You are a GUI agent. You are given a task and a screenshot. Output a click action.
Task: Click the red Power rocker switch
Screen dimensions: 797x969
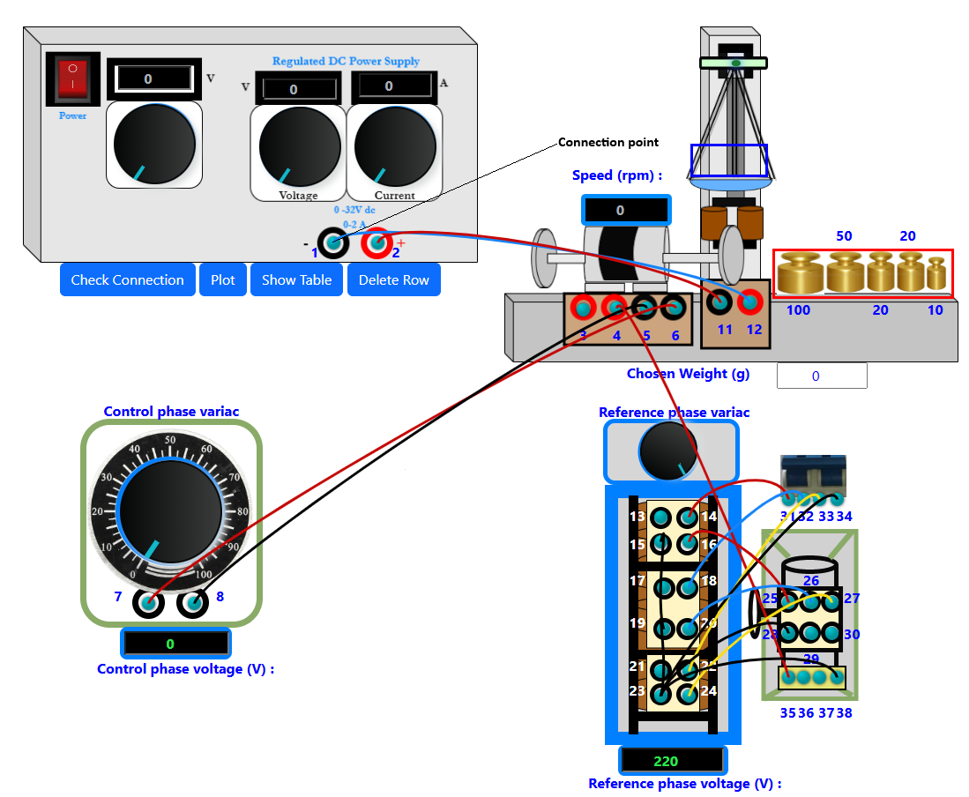pyautogui.click(x=72, y=78)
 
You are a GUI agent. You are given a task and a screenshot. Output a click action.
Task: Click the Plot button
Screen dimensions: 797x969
pyautogui.click(x=223, y=279)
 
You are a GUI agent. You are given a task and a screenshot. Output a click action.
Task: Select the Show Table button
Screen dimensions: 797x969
pyautogui.click(x=296, y=279)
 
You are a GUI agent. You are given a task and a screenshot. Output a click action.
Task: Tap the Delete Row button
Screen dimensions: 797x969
pyautogui.click(x=393, y=279)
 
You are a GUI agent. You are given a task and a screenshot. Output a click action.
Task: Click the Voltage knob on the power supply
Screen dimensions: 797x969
pyautogui.click(x=300, y=147)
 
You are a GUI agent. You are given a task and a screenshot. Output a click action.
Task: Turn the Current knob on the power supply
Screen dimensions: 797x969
pyautogui.click(x=394, y=147)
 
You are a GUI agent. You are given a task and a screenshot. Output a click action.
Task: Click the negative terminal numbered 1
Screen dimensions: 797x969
pyautogui.click(x=332, y=242)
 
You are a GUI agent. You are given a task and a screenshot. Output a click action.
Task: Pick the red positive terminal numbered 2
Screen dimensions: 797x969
pyautogui.click(x=377, y=242)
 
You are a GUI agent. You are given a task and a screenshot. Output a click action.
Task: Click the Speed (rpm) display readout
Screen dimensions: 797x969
pyautogui.click(x=625, y=211)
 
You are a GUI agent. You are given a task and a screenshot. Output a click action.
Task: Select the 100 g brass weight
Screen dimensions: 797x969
pyautogui.click(x=799, y=273)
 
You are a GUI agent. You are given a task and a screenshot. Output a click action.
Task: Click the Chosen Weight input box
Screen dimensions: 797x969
pyautogui.click(x=821, y=376)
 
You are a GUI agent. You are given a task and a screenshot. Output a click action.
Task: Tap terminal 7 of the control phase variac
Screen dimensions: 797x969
pyautogui.click(x=147, y=605)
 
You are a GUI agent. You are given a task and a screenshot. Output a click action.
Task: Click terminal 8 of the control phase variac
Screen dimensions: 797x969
pyautogui.click(x=192, y=605)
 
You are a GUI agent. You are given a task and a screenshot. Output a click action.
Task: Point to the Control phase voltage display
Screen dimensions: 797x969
pyautogui.click(x=175, y=644)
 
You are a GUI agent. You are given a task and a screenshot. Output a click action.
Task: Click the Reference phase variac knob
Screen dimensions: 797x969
pyautogui.click(x=668, y=451)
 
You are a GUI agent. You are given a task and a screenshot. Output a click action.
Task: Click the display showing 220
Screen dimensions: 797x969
pyautogui.click(x=673, y=761)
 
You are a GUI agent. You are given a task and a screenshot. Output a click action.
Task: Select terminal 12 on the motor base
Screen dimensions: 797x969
pyautogui.click(x=750, y=302)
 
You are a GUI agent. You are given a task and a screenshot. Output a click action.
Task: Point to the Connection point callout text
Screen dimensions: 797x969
pyautogui.click(x=608, y=142)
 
